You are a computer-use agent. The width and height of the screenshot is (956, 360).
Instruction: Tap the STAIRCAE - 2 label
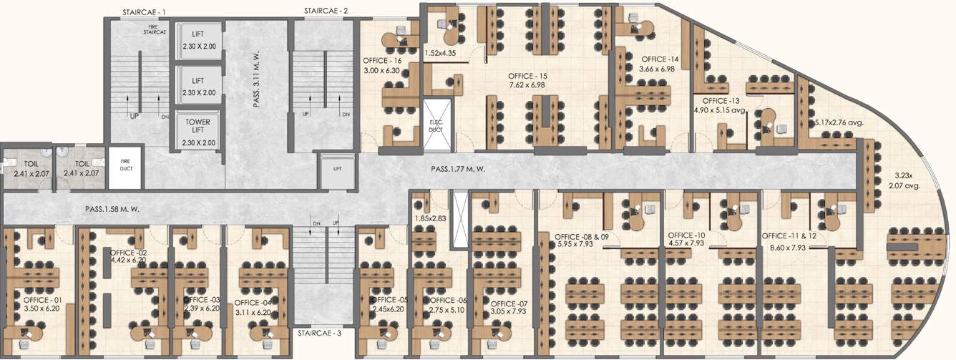point(326,11)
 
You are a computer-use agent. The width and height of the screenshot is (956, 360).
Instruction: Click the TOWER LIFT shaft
point(198,132)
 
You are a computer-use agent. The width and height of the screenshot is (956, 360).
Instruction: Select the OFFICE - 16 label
point(382,62)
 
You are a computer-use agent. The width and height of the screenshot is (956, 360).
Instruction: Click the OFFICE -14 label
point(660,59)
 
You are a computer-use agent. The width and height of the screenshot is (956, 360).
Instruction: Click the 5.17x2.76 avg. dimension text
point(839,122)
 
